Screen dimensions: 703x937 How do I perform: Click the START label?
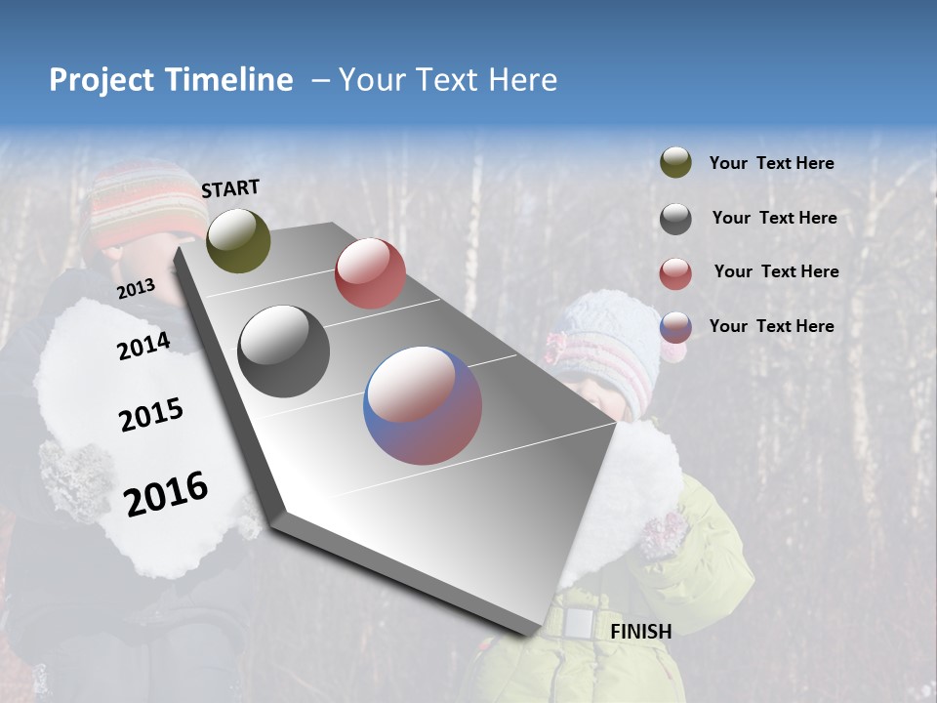pyautogui.click(x=230, y=188)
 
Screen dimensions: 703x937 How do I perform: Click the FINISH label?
pyautogui.click(x=640, y=632)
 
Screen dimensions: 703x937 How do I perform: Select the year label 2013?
pyautogui.click(x=136, y=288)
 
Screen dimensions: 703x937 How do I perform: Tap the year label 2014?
pyautogui.click(x=143, y=346)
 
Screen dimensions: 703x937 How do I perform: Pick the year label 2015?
pyautogui.click(x=150, y=415)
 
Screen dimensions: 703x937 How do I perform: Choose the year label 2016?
pyautogui.click(x=166, y=493)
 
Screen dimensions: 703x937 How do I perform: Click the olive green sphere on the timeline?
pyautogui.click(x=238, y=240)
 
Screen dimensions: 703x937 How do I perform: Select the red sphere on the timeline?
pyautogui.click(x=370, y=273)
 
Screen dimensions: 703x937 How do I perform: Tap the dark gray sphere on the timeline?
pyautogui.click(x=283, y=351)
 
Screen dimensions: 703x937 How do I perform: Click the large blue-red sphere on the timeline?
pyautogui.click(x=423, y=405)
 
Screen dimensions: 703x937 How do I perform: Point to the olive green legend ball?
pyautogui.click(x=675, y=163)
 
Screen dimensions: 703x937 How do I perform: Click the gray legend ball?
pyautogui.click(x=675, y=219)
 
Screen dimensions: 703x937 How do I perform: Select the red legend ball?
pyautogui.click(x=675, y=273)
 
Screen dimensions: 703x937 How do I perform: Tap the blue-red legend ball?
pyautogui.click(x=675, y=327)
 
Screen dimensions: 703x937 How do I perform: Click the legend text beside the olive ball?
pyautogui.click(x=771, y=164)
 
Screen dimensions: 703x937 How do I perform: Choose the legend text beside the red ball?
pyautogui.click(x=776, y=271)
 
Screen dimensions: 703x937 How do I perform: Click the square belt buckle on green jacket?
pyautogui.click(x=579, y=622)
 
